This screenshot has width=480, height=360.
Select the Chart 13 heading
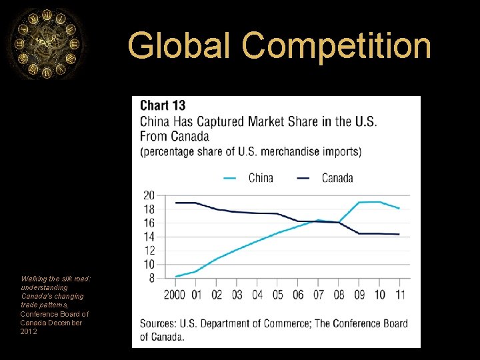163,105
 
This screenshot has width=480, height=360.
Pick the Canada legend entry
325,177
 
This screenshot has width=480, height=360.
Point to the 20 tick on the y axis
149,195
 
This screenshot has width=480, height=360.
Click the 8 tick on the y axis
151,279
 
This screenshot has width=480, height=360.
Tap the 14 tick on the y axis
149,237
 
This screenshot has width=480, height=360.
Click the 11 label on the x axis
399,295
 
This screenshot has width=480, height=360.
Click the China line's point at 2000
176,276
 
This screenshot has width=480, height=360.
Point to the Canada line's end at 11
399,234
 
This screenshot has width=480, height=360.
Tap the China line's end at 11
399,209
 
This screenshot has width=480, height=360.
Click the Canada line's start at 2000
176,203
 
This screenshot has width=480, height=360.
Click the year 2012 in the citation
29,331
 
